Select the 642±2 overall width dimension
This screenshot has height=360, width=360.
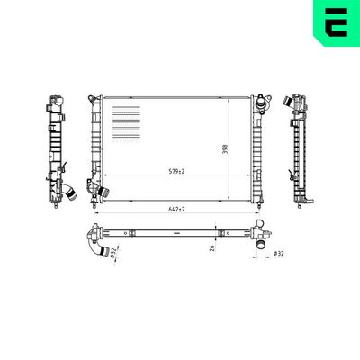[x=176, y=210]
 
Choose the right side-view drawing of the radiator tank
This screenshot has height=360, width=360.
[x=299, y=148]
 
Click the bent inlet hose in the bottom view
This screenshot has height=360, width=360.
[x=98, y=244]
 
